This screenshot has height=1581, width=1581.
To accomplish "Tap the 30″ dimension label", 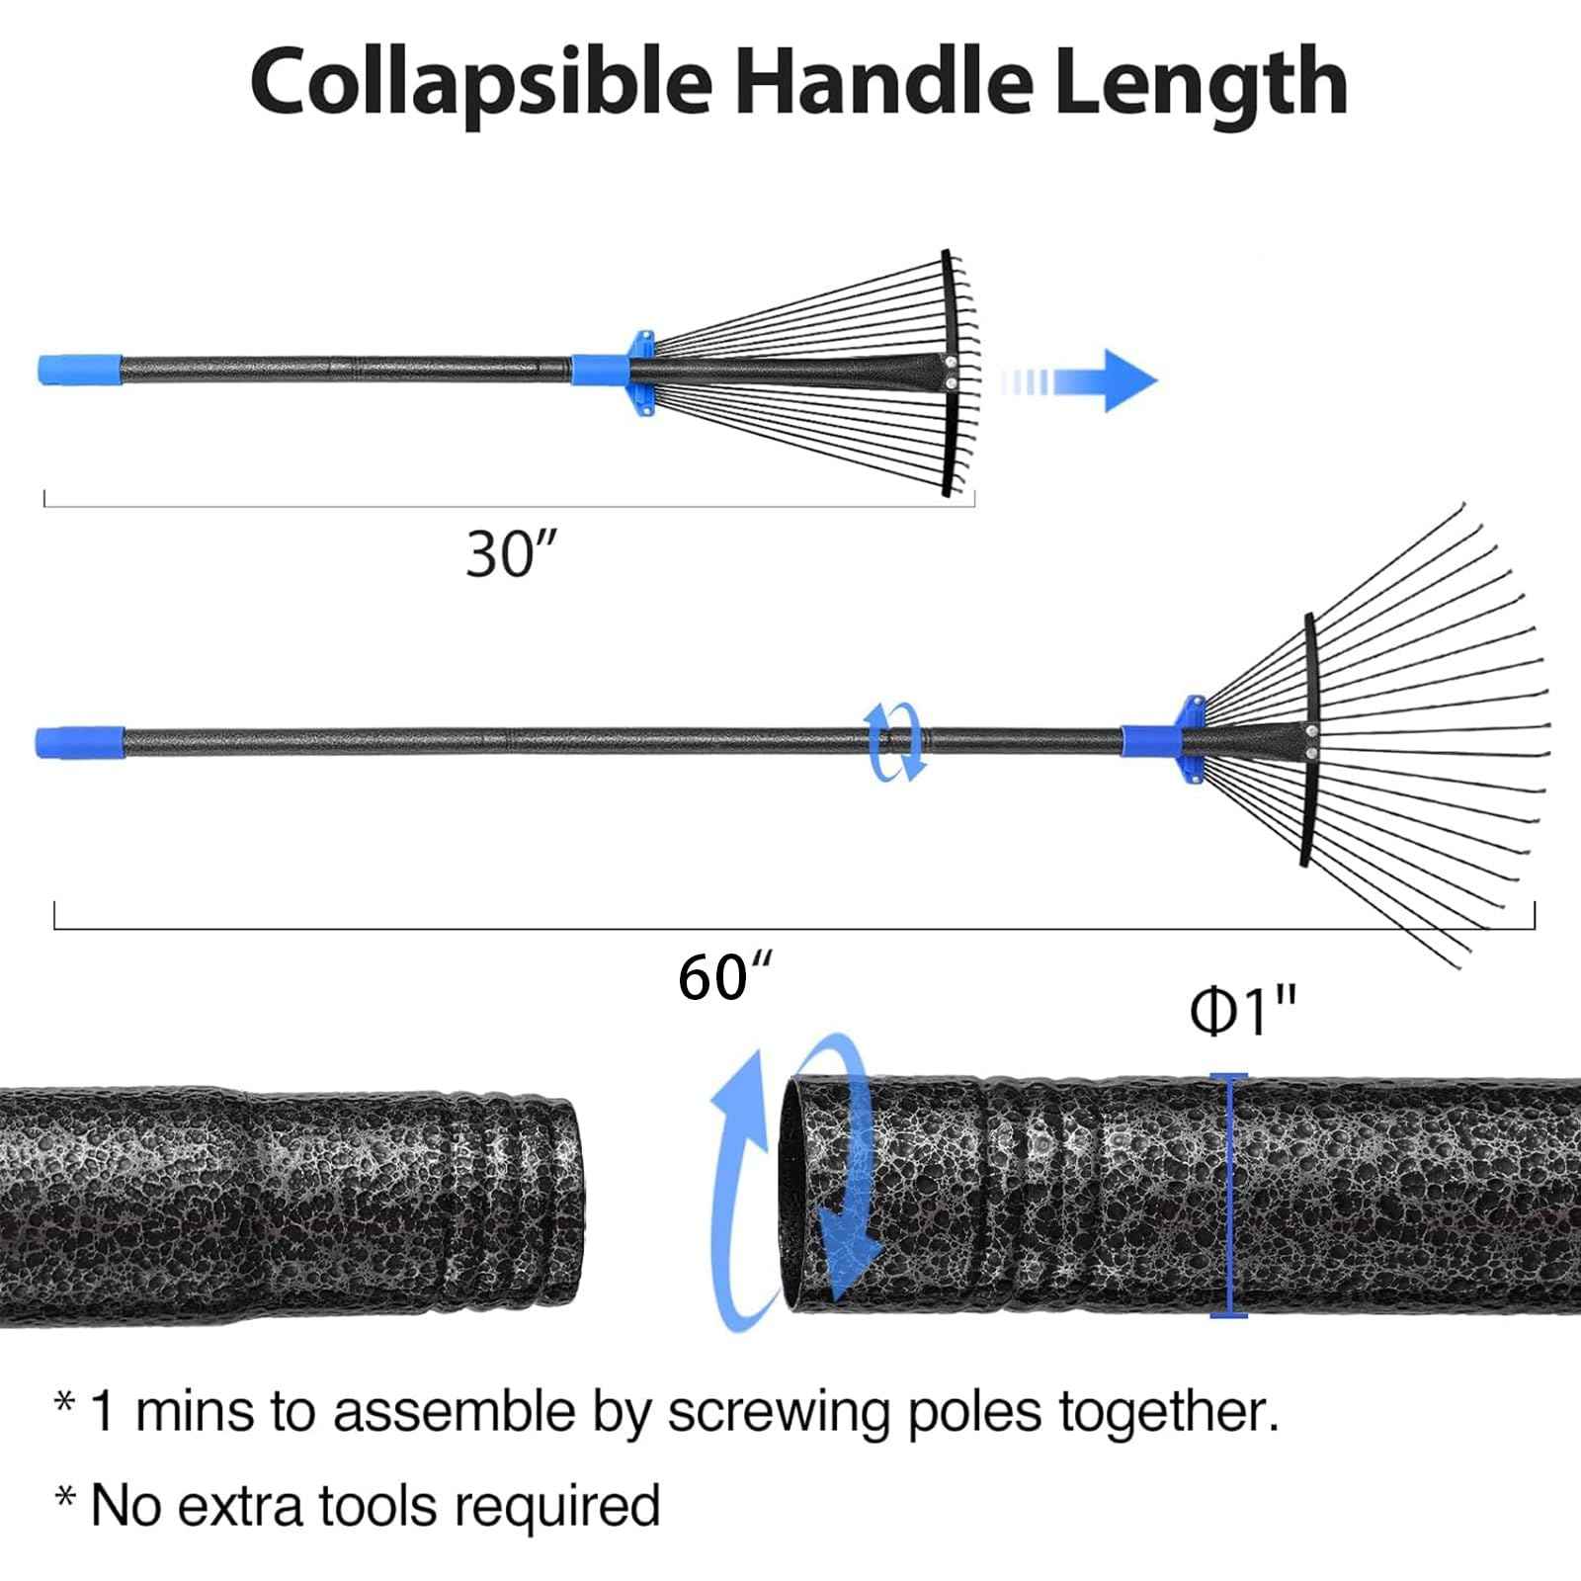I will click(510, 554).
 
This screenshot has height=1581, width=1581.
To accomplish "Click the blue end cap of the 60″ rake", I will click(79, 742).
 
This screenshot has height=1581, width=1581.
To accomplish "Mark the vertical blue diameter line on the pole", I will click(1228, 1196).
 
